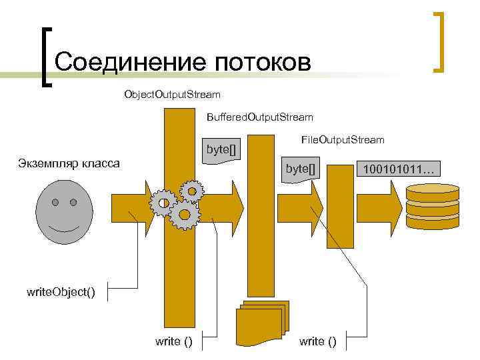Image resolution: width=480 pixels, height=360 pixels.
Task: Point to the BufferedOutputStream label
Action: tap(259, 117)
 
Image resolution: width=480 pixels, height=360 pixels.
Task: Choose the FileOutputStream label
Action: tap(343, 139)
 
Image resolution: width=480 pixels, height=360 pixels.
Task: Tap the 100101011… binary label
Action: tap(398, 170)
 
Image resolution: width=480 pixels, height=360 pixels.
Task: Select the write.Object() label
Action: tap(61, 292)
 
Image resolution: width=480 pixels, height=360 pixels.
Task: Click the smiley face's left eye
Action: tap(56, 201)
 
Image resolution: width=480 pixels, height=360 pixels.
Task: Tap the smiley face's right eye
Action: tap(73, 201)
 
